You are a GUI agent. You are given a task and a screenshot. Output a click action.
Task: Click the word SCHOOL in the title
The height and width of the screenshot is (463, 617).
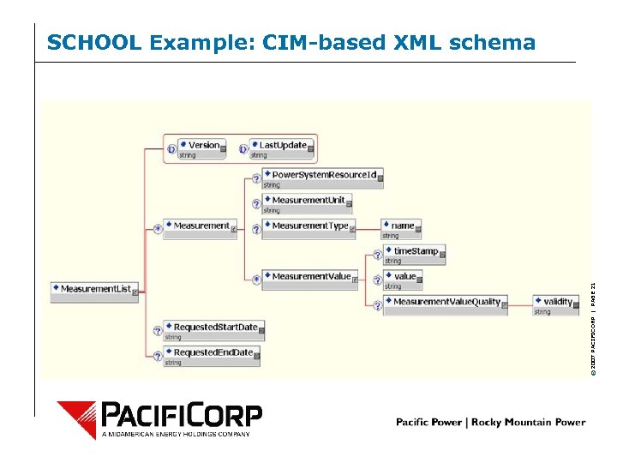[x=94, y=43]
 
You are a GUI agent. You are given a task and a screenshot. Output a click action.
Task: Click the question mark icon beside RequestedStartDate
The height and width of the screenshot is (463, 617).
[x=158, y=330]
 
